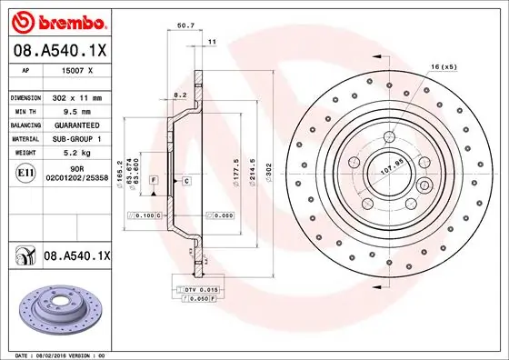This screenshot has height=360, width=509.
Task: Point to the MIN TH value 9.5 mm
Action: point(73,111)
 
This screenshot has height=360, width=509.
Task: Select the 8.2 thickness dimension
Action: point(179,95)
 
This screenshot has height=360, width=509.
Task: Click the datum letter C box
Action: point(186,182)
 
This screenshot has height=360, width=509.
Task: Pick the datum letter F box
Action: point(154,182)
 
